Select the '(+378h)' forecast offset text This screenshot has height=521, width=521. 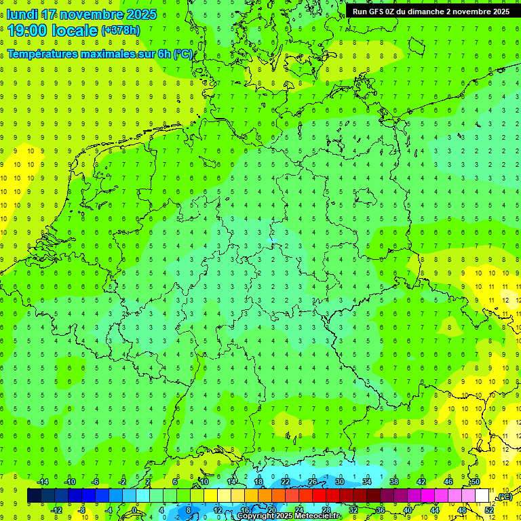[121, 31]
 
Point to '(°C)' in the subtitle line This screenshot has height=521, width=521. [182, 54]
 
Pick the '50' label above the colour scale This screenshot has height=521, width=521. [476, 482]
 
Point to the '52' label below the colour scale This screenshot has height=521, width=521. [489, 510]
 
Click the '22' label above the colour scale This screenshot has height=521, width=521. [286, 482]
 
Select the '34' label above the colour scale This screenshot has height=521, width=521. [367, 482]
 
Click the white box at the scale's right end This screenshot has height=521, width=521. [482, 496]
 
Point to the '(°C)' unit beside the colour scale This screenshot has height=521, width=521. [504, 497]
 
